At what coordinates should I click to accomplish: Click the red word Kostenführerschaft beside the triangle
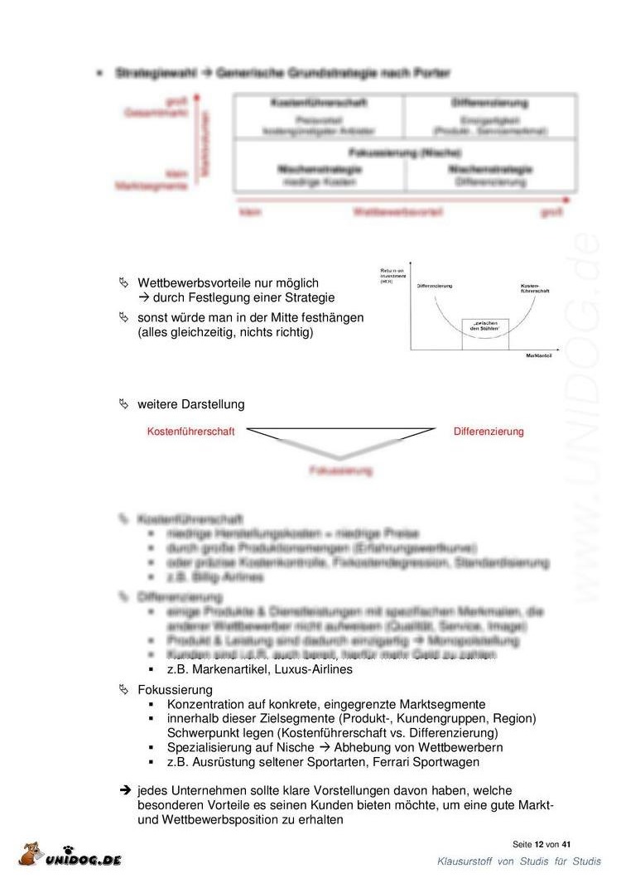[x=190, y=432]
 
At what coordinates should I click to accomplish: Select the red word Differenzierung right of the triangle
[x=489, y=432]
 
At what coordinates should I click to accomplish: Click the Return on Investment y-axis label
[x=392, y=276]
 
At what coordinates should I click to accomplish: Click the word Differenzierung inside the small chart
[x=435, y=286]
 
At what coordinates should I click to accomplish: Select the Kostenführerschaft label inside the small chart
[x=535, y=288]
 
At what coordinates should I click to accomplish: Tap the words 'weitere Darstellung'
[x=191, y=404]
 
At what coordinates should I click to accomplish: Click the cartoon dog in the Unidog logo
[x=31, y=855]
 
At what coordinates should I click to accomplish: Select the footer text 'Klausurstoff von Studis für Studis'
[x=519, y=862]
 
